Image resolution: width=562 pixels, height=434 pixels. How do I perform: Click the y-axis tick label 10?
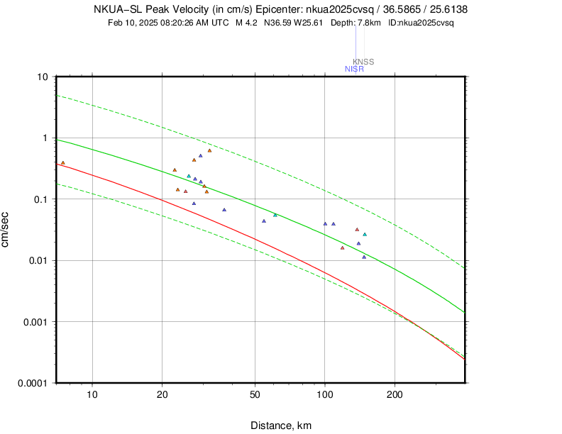click(43, 77)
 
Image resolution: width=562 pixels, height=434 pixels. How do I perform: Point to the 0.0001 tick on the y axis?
click(33, 383)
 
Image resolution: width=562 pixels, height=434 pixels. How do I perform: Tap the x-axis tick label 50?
click(255, 394)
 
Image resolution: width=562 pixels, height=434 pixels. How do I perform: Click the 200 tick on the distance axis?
click(395, 394)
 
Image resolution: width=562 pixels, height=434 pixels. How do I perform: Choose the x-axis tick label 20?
click(162, 394)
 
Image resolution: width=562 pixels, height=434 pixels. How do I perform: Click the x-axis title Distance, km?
click(281, 425)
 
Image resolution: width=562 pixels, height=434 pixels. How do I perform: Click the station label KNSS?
click(363, 62)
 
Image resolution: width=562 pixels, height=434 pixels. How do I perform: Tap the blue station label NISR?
click(354, 69)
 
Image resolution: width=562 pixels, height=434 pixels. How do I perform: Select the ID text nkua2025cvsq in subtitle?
click(426, 23)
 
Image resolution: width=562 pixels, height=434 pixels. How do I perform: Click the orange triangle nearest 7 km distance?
click(62, 163)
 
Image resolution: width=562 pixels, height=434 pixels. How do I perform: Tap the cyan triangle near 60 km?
click(275, 215)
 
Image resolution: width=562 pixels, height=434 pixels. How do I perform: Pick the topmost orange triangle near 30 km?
click(209, 150)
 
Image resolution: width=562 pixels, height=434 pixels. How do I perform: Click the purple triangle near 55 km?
click(264, 221)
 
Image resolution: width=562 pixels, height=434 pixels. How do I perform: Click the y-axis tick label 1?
click(45, 138)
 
